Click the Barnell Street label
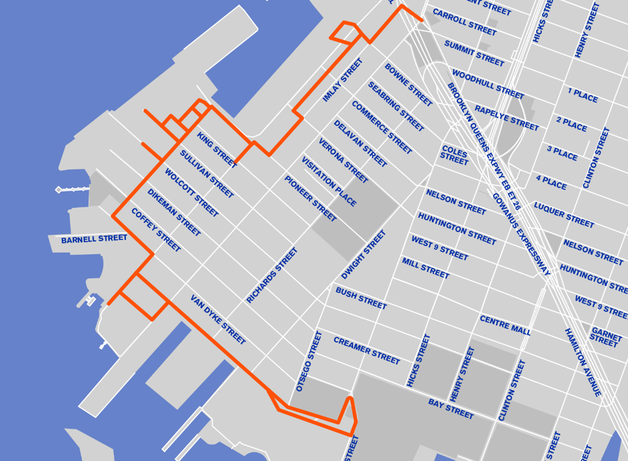(94, 239)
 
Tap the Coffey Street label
(155, 230)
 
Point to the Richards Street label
(272, 275)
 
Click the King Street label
(217, 150)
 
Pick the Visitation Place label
(329, 181)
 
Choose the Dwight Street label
(364, 255)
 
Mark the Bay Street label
(451, 408)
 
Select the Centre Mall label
(505, 325)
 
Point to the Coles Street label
(455, 155)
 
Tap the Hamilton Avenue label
(583, 362)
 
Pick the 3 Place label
(562, 153)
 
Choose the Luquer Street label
(564, 215)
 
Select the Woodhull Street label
(488, 84)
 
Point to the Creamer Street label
(367, 350)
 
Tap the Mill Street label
(426, 268)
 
